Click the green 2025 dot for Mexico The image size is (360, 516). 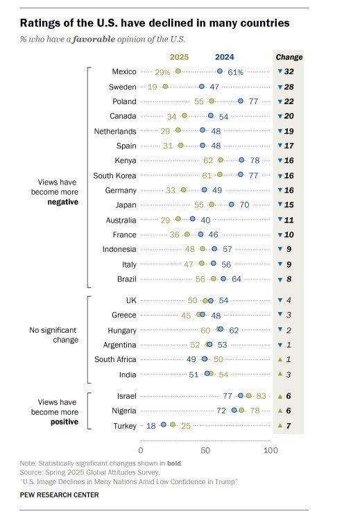tap(178, 71)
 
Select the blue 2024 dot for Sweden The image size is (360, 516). tap(202, 87)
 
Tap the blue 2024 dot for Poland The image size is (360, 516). tap(241, 101)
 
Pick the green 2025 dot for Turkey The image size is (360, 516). tap(173, 425)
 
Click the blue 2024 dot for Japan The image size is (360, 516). tap(232, 205)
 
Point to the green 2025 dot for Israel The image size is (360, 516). tap(249, 395)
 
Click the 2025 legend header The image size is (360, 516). tap(179, 57)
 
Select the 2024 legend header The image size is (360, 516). tap(225, 57)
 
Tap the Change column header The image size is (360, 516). tap(289, 58)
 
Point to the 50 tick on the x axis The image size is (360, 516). tap(205, 450)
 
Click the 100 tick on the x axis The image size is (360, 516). tap(271, 450)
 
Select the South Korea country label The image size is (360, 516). tap(114, 175)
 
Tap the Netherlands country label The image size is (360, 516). tap(115, 131)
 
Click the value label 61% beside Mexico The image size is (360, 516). tap(235, 72)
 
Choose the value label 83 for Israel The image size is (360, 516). tap(261, 396)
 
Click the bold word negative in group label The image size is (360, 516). tap(63, 202)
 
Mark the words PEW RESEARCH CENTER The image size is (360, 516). tap(59, 495)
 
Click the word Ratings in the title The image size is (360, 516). tap(37, 24)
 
